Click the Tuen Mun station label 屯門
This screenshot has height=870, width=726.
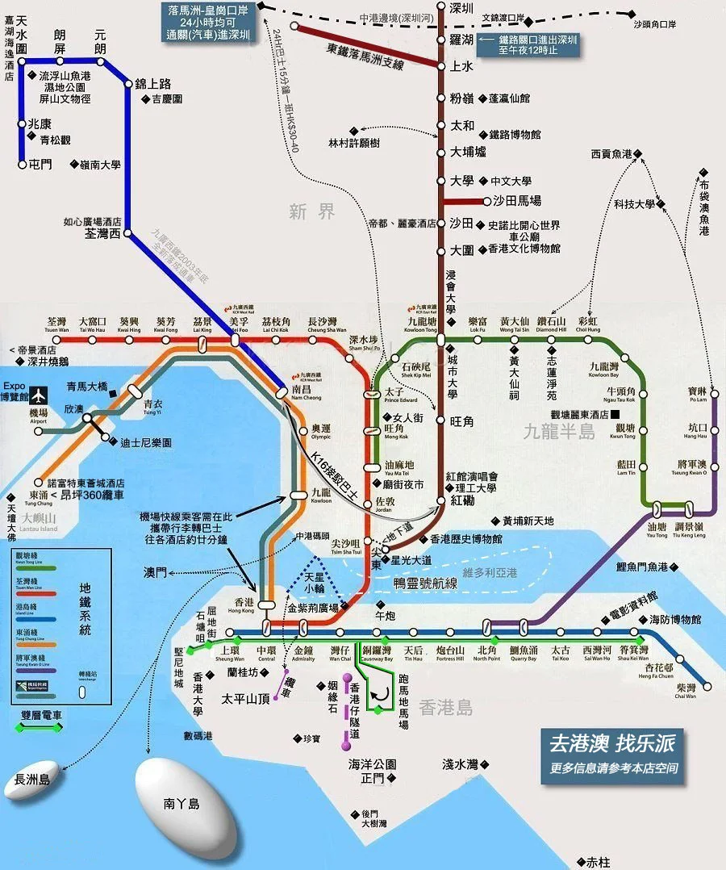[40, 164]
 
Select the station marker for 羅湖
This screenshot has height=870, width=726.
[441, 38]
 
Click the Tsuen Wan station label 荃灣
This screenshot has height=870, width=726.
[57, 320]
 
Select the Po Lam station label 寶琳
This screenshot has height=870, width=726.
[698, 391]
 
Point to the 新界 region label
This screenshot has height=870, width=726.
[312, 212]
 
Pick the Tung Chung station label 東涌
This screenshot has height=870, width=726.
[38, 494]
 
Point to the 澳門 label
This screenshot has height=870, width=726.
[155, 572]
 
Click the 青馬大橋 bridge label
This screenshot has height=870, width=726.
[88, 387]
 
